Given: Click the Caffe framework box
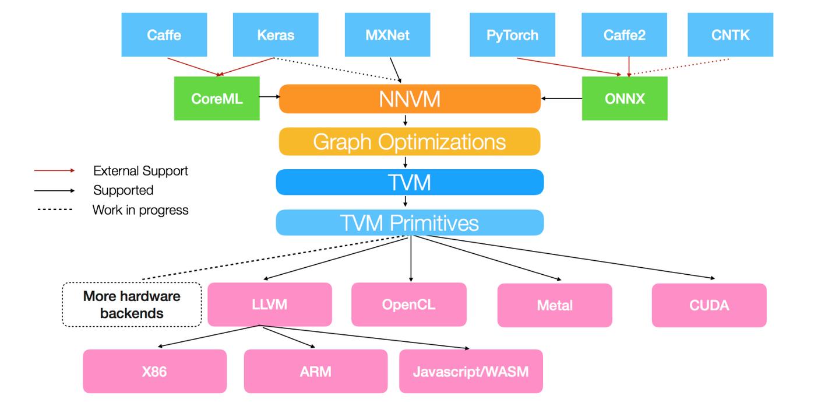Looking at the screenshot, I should (164, 35).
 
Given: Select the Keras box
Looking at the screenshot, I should (276, 35).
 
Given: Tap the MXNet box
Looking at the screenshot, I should (387, 35).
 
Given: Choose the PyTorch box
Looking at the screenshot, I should (512, 35).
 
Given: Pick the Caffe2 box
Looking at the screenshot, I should (624, 35).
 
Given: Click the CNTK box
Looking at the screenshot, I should (730, 35).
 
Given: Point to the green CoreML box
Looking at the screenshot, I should (217, 99).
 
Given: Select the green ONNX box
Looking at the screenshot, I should (625, 99).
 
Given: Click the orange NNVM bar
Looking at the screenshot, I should (410, 99).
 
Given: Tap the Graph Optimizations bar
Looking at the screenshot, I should (410, 142).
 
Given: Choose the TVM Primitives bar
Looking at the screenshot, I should (410, 223).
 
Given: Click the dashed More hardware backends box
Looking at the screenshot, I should (132, 305).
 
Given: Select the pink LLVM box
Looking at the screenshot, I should (270, 304).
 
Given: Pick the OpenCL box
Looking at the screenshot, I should (408, 304).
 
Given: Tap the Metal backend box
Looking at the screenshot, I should (555, 305).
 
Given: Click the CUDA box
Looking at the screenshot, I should (709, 305).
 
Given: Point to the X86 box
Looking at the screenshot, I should (154, 371).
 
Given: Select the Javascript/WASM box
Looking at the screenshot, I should (471, 371).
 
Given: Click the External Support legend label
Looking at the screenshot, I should (140, 171).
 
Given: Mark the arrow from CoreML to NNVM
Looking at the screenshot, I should (269, 99).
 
